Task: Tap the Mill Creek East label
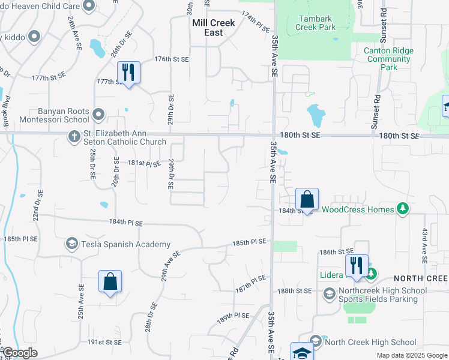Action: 215,28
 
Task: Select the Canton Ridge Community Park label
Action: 388,59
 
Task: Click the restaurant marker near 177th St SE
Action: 128,73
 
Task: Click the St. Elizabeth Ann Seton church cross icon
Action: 74,137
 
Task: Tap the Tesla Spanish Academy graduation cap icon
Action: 71,244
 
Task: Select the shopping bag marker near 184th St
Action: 307,199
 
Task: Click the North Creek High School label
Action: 370,343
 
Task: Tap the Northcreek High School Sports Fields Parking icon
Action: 329,293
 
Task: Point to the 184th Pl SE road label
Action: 126,223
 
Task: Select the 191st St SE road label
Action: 104,342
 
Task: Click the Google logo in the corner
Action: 20,353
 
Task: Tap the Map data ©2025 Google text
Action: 412,355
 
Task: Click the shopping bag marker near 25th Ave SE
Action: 110,281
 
